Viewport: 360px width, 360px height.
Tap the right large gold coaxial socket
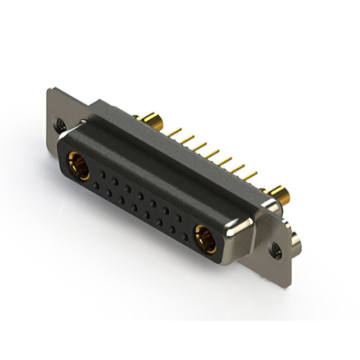click(x=206, y=238)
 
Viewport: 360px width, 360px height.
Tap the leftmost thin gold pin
click(x=175, y=133)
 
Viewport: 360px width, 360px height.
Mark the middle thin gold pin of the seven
click(x=212, y=154)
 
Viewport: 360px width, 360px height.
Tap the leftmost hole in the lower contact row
click(x=96, y=185)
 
